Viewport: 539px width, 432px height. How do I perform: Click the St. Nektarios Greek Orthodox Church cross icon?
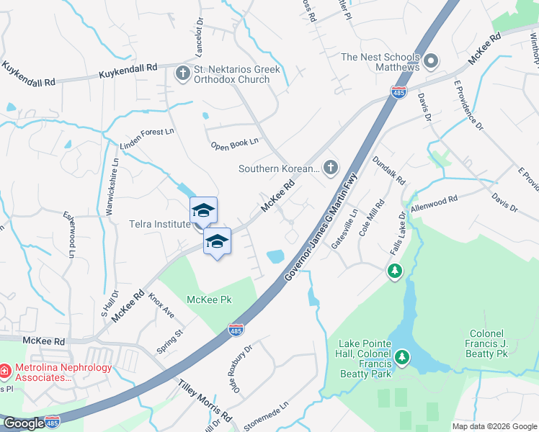click(x=182, y=73)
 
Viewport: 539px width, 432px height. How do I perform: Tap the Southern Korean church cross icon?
click(x=331, y=168)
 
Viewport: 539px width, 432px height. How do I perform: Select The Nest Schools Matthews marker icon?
click(x=432, y=61)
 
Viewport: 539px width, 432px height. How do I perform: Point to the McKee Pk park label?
click(x=211, y=300)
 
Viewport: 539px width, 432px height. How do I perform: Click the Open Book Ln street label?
click(x=234, y=145)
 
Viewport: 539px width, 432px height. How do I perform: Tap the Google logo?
click(x=23, y=423)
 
